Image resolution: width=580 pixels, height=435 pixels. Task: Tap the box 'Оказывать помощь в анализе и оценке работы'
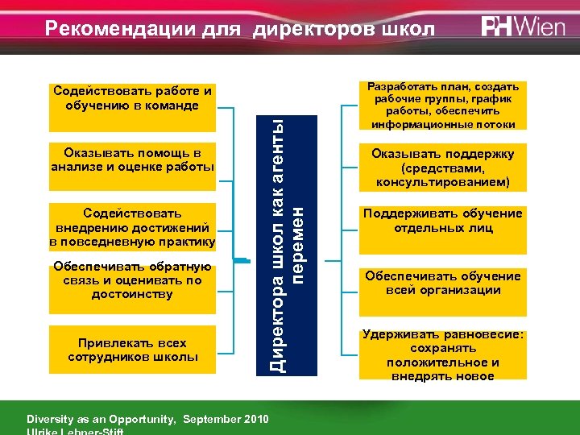coord(132,159)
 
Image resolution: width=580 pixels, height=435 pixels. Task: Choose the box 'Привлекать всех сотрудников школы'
coord(132,350)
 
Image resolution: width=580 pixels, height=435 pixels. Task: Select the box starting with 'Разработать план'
coord(442,106)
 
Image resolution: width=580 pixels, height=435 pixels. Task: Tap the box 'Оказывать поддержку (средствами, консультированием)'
coord(442,168)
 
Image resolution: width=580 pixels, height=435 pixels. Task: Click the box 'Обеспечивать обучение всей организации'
coord(442,284)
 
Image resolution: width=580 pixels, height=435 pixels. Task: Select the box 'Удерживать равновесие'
coord(442,354)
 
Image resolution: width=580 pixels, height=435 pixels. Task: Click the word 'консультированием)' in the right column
coord(442,182)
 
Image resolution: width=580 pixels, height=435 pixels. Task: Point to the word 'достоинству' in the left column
coord(132,294)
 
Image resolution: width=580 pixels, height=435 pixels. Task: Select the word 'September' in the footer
coord(211,420)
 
